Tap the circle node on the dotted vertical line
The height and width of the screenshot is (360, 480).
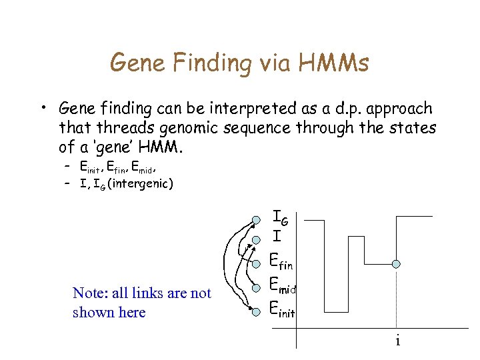(x=396, y=265)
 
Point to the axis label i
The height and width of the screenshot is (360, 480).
(x=397, y=341)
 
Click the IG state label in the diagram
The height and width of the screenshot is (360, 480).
(x=280, y=217)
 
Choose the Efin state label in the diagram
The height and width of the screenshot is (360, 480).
(x=281, y=262)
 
